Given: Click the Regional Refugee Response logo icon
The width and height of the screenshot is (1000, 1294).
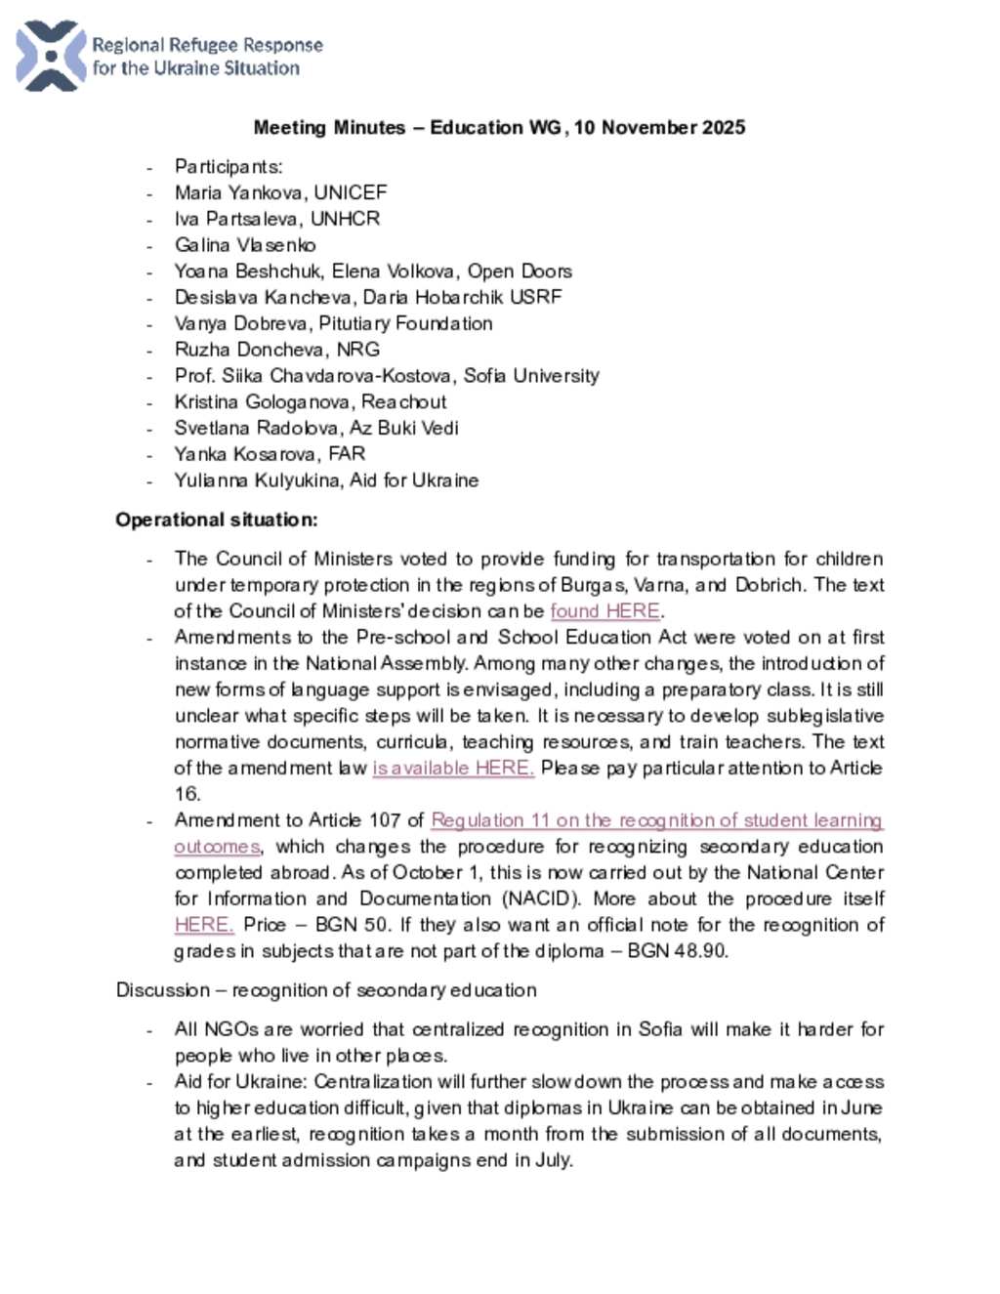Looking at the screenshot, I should [51, 56].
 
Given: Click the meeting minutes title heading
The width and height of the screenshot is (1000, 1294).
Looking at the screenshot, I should [499, 127].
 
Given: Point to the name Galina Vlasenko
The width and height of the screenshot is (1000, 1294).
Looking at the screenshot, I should [245, 245].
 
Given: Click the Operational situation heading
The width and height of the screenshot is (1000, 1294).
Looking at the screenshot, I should [216, 520].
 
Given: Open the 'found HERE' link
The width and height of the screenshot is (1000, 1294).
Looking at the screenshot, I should [605, 611].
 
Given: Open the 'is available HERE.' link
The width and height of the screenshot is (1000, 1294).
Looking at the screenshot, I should [453, 769].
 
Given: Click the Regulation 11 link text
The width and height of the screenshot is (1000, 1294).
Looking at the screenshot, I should [656, 820].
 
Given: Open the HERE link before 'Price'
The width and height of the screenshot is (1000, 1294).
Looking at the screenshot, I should [203, 925].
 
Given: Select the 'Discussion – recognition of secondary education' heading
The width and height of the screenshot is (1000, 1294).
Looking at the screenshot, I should [326, 990].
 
